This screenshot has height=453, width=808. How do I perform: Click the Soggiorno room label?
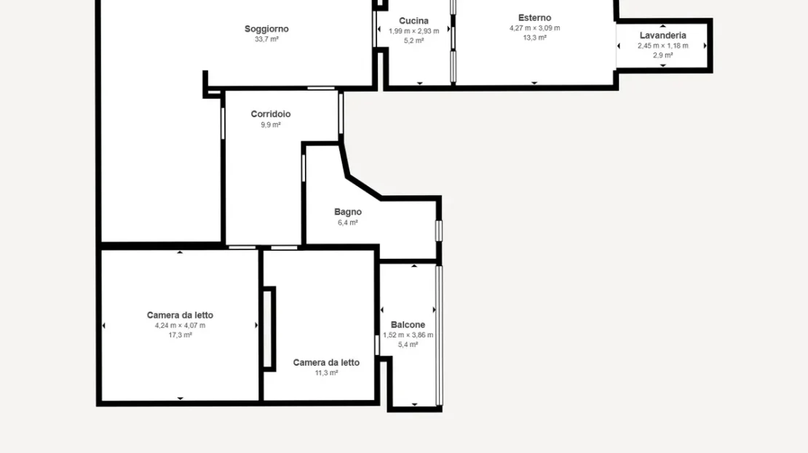[x=266, y=29]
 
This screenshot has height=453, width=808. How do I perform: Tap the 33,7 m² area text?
[x=266, y=39]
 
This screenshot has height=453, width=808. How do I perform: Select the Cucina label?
[x=413, y=20]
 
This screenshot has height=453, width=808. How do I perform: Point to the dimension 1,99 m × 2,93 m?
[x=413, y=31]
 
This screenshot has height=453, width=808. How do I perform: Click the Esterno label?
[x=535, y=17]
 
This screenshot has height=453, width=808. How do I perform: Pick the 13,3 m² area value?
[x=535, y=38]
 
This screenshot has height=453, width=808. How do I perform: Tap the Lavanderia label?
[x=662, y=35]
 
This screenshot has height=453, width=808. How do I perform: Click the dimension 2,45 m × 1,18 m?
[x=662, y=45]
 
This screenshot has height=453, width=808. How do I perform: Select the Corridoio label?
[x=271, y=113]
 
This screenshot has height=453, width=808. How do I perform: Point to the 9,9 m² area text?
[x=271, y=124]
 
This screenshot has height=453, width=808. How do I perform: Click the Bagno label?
[x=348, y=212]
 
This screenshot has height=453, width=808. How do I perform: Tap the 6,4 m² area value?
[x=348, y=223]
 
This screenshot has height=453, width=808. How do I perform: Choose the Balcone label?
[x=408, y=325]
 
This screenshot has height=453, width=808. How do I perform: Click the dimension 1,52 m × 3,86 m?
[x=408, y=334]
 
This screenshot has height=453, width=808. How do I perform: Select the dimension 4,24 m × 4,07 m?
[x=180, y=325]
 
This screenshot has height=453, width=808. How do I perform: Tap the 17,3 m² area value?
[x=180, y=335]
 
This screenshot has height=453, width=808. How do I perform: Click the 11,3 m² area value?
[x=326, y=373]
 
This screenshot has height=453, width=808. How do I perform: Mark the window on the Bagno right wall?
[x=438, y=230]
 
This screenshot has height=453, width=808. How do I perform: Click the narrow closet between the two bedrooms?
[x=269, y=329]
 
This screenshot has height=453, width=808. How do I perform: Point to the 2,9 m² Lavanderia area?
[x=662, y=55]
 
